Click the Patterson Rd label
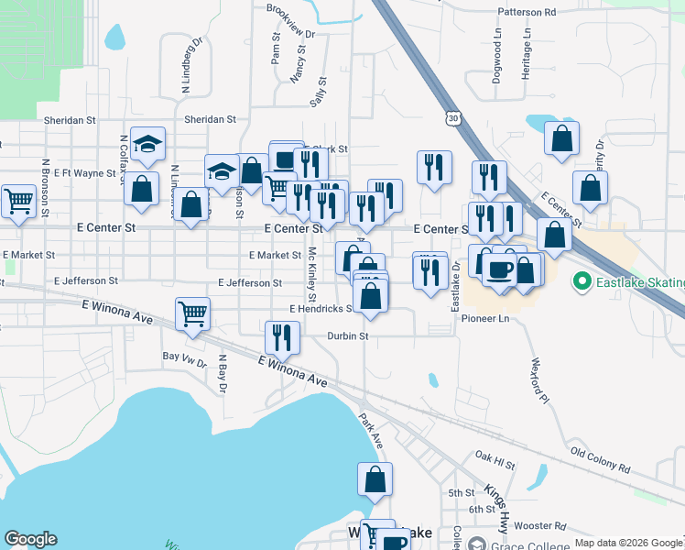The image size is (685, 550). (x=527, y=13)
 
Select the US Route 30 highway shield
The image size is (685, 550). (x=451, y=118)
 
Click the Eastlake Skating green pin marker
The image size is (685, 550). (x=579, y=280)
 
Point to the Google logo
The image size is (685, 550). (x=30, y=539)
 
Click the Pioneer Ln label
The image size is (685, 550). (x=484, y=319)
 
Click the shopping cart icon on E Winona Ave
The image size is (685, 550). (x=193, y=313)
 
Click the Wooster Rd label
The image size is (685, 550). (x=538, y=525)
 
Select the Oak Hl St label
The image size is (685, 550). (x=495, y=455)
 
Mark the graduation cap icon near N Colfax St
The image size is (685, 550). (x=147, y=142)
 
